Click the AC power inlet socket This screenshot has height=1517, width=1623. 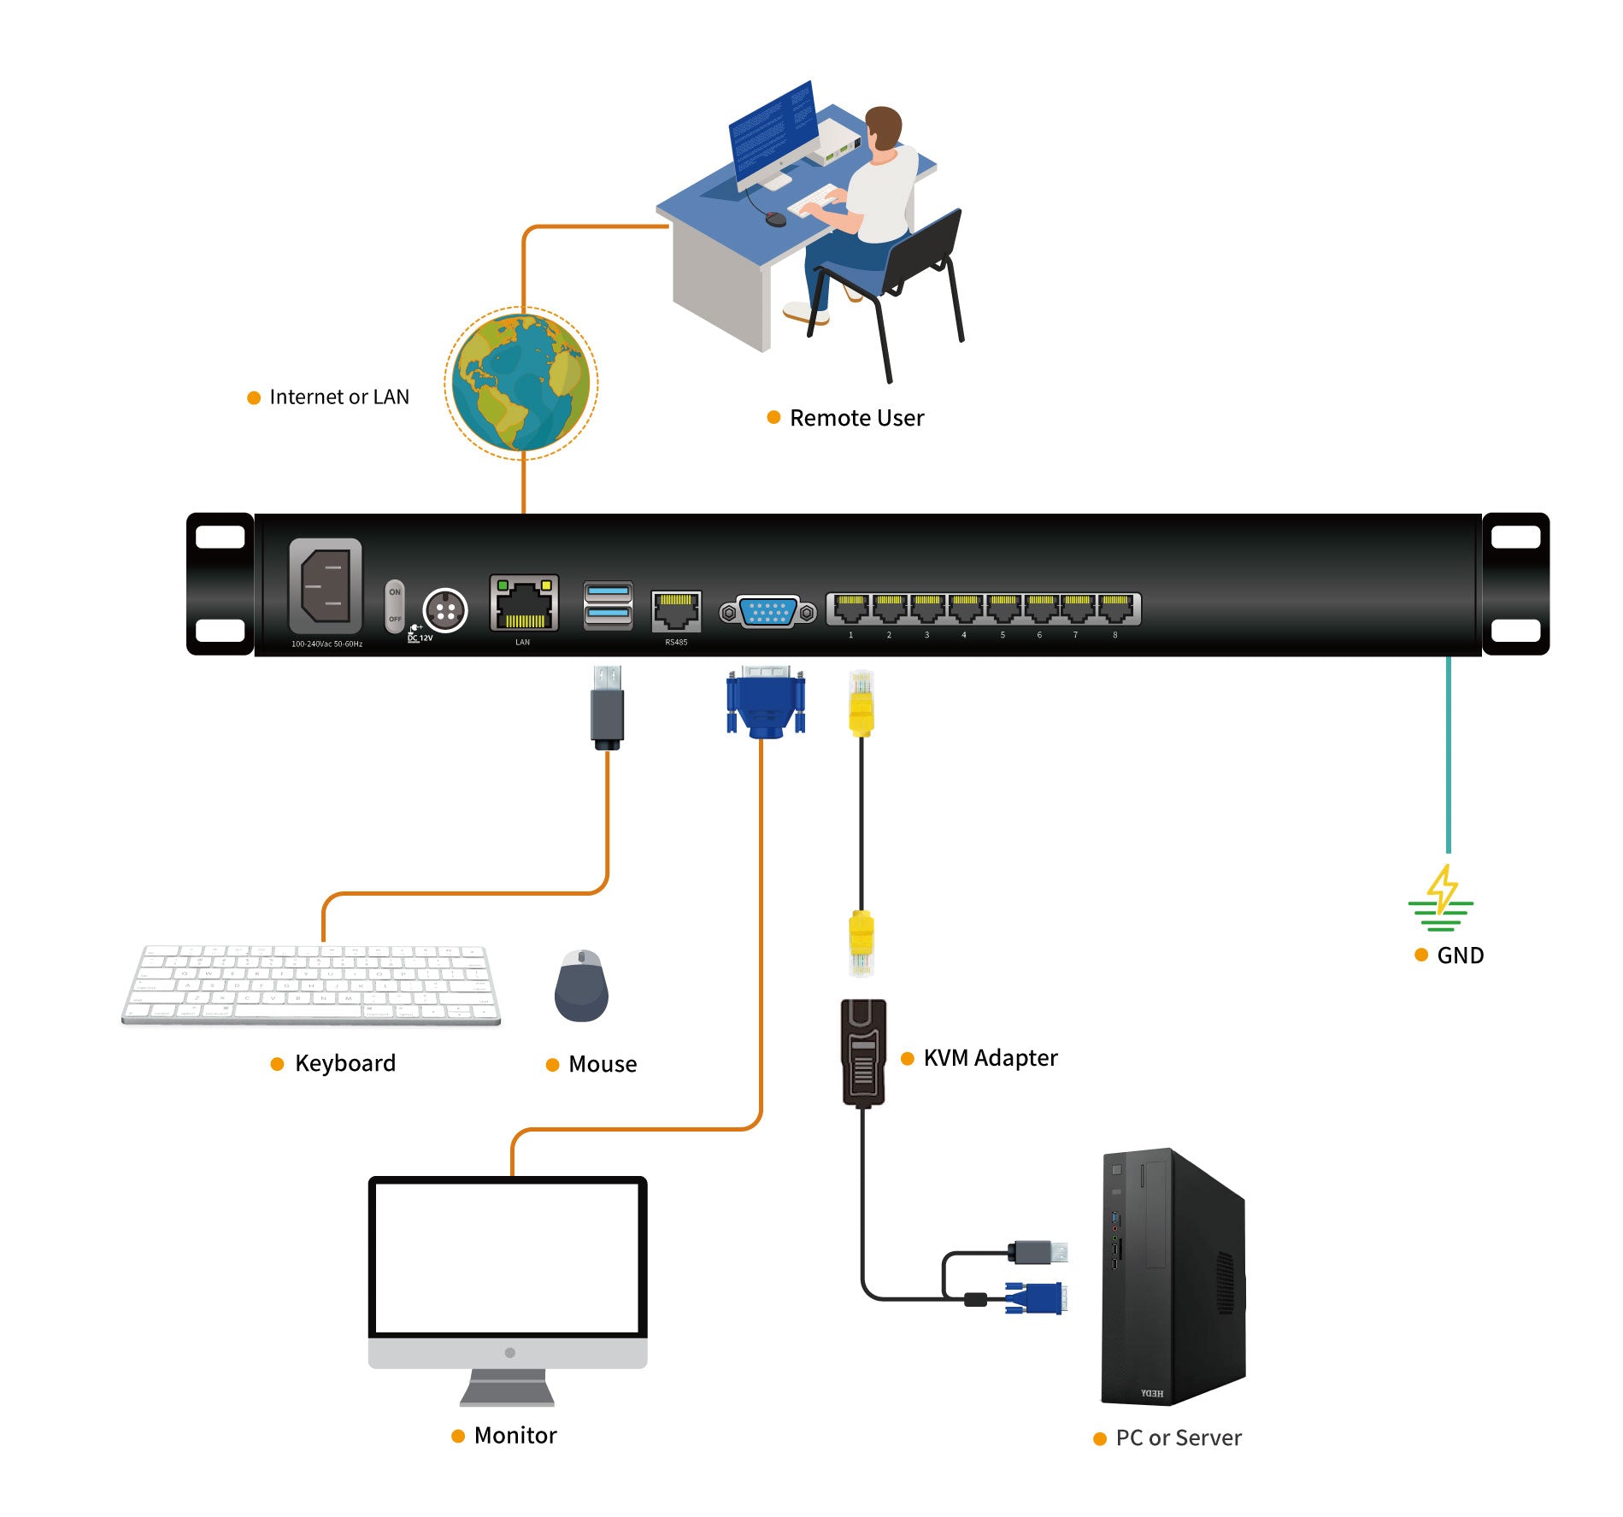click(x=325, y=585)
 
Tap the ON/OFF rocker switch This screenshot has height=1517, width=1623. click(x=394, y=606)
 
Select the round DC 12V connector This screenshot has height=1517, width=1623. click(x=445, y=610)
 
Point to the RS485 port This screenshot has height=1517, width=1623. click(x=676, y=610)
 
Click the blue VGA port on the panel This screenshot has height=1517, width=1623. click(x=767, y=612)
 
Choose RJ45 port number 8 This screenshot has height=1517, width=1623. click(x=1115, y=609)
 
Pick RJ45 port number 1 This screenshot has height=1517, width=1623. click(x=850, y=609)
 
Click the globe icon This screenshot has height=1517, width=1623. click(x=520, y=383)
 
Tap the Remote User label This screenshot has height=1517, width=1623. click(x=856, y=418)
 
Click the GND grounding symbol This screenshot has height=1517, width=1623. click(x=1441, y=899)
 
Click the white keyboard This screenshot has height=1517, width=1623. click(x=311, y=984)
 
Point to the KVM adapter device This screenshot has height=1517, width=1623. click(x=863, y=1052)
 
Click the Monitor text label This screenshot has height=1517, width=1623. click(x=515, y=1435)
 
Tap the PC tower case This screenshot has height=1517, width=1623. click(x=1173, y=1277)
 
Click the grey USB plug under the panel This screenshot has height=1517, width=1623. click(x=607, y=707)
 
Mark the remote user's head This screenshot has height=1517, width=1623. click(x=884, y=127)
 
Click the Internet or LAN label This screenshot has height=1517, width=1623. click(x=338, y=397)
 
